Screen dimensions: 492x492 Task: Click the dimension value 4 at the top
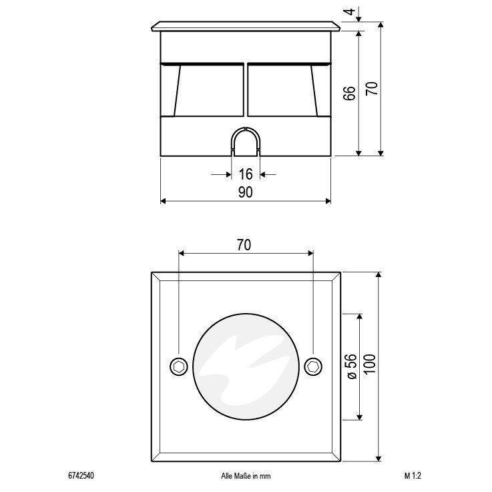[350, 11]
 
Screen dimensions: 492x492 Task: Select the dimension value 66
[350, 93]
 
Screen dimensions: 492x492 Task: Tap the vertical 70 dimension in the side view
[372, 89]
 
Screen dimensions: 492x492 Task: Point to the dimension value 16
[246, 174]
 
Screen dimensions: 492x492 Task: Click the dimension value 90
[246, 192]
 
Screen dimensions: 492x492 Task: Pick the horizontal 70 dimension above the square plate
[244, 245]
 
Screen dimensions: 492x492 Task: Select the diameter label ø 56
[352, 366]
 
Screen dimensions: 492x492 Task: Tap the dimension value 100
[371, 364]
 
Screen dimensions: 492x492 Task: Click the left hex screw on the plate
[179, 366]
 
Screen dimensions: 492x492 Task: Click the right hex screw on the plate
[314, 366]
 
